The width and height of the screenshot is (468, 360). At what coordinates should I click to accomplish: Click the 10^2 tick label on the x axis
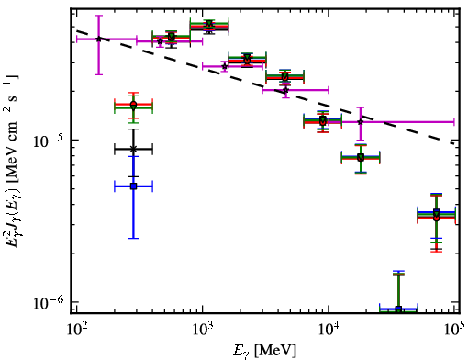coord(76,329)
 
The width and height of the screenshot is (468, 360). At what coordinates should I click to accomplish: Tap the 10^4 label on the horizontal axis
coord(329,329)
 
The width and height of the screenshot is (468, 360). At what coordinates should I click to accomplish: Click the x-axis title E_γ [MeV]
coord(264,351)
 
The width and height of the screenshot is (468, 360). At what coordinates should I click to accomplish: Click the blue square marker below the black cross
coord(133,186)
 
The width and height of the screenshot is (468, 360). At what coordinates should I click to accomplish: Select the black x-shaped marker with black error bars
coord(133,149)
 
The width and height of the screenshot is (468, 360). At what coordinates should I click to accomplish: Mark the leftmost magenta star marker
coord(98,39)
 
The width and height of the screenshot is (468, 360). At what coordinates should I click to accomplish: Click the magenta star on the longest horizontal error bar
coord(361,122)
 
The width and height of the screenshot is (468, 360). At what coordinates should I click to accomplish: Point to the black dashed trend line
coord(265,87)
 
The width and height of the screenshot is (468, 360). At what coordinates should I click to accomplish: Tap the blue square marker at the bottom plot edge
coord(398,309)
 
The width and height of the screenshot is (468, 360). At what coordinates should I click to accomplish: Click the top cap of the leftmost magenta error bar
coord(98,16)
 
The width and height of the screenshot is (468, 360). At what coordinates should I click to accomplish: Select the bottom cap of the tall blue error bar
coord(133,238)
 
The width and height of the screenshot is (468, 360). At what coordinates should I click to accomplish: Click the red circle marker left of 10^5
coord(437,219)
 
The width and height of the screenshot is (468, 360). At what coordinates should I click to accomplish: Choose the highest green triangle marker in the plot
coord(209,23)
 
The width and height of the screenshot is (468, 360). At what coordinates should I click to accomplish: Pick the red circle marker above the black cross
coord(133,104)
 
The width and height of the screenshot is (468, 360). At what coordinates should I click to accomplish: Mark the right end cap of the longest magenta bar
coord(454,122)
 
